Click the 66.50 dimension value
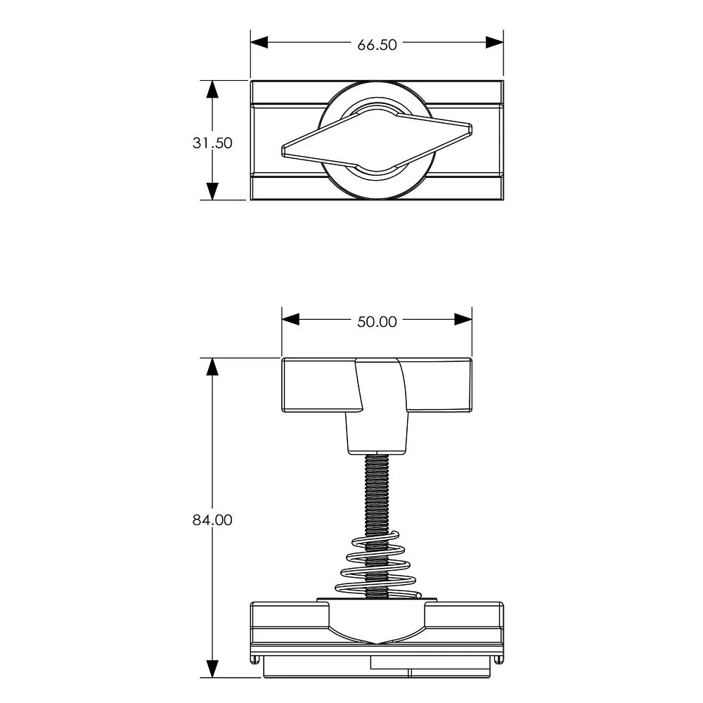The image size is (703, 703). pyautogui.click(x=377, y=45)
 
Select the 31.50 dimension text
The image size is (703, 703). pyautogui.click(x=212, y=143)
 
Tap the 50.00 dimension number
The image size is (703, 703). pyautogui.click(x=377, y=322)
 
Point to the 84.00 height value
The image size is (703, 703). pyautogui.click(x=212, y=520)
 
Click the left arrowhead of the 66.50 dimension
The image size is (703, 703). pyautogui.click(x=259, y=43)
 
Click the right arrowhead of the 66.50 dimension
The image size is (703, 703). pyautogui.click(x=494, y=43)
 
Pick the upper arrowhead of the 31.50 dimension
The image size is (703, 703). pyautogui.click(x=212, y=89)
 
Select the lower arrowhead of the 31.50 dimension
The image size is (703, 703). pyautogui.click(x=212, y=191)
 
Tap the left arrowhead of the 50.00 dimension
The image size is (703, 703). pyautogui.click(x=290, y=320)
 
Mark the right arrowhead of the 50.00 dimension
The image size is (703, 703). pyautogui.click(x=463, y=320)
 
